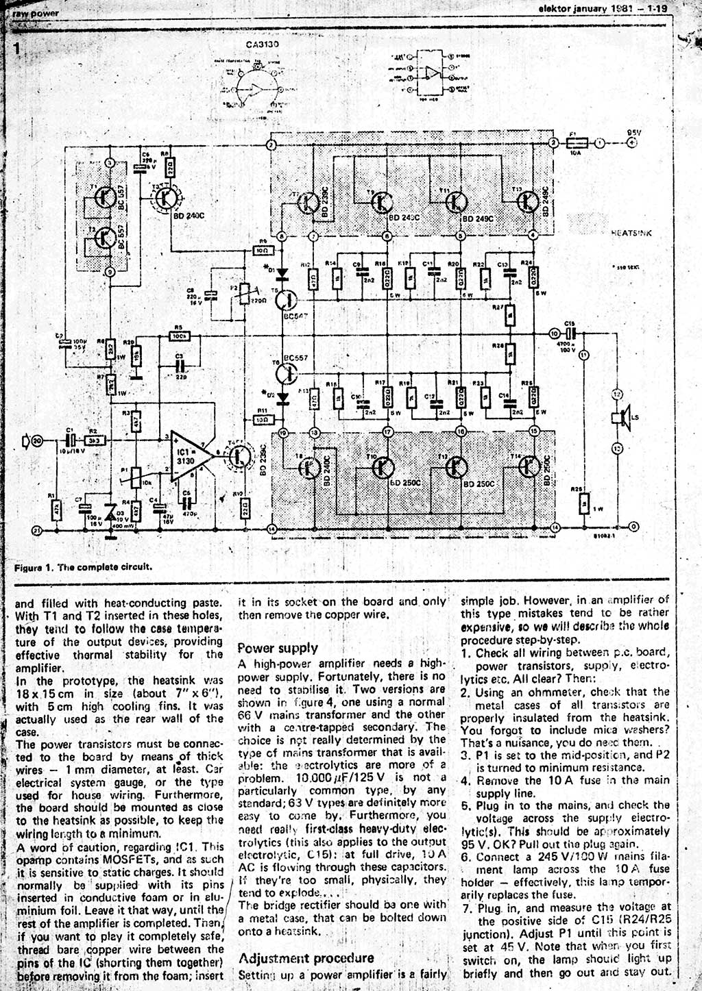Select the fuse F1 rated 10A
coord(578,143)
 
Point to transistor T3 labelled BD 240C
coord(166,197)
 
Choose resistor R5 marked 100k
coord(179,336)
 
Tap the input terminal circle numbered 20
coord(37,441)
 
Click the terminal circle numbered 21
coord(37,529)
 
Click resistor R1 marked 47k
coord(56,509)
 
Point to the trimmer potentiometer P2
coord(245,295)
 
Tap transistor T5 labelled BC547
coord(289,299)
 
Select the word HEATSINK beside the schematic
coord(631,233)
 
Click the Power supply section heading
coord(277,648)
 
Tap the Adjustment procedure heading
coord(306,957)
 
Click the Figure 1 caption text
coord(83,566)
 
